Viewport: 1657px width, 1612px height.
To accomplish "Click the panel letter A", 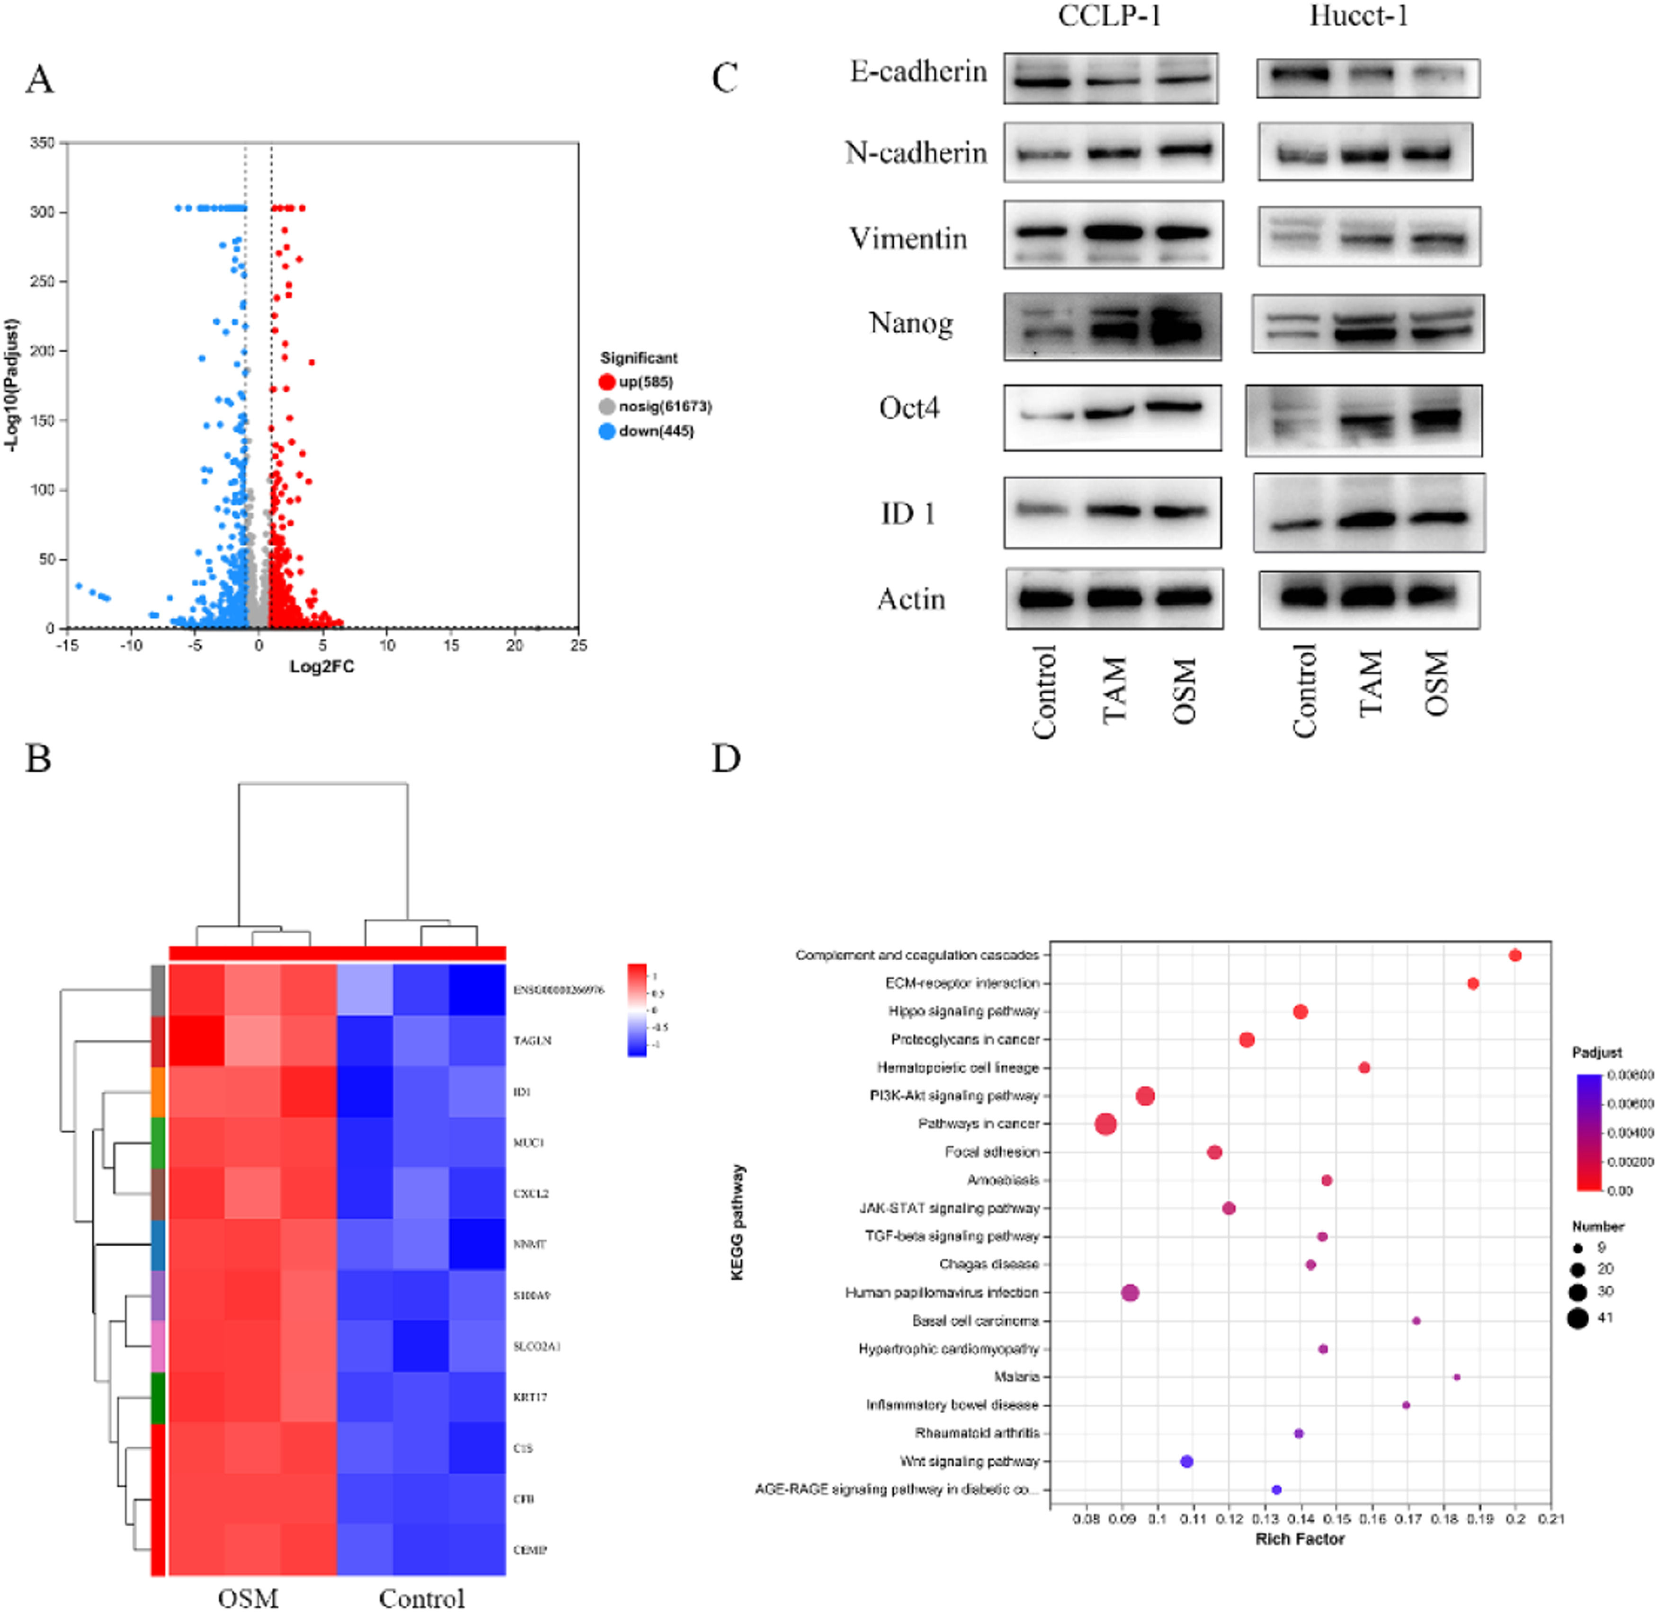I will pyautogui.click(x=40, y=80).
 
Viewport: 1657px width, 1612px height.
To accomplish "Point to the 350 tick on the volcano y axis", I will pyautogui.click(x=42, y=143).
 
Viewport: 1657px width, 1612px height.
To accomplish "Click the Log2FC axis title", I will pyautogui.click(x=322, y=666).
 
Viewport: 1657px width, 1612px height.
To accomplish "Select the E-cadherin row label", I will pyautogui.click(x=918, y=72).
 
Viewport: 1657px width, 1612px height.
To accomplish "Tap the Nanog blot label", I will pyautogui.click(x=911, y=323).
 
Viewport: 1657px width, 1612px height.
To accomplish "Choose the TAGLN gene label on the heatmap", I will pyautogui.click(x=533, y=1041).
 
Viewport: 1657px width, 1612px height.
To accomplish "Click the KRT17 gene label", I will pyautogui.click(x=530, y=1397).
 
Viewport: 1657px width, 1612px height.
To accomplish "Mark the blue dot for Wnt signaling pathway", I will pyautogui.click(x=1186, y=1461).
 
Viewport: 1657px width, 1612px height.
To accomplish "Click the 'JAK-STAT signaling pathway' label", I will pyautogui.click(x=949, y=1208).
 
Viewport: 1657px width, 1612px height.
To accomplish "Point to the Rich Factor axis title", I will pyautogui.click(x=1300, y=1538).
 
